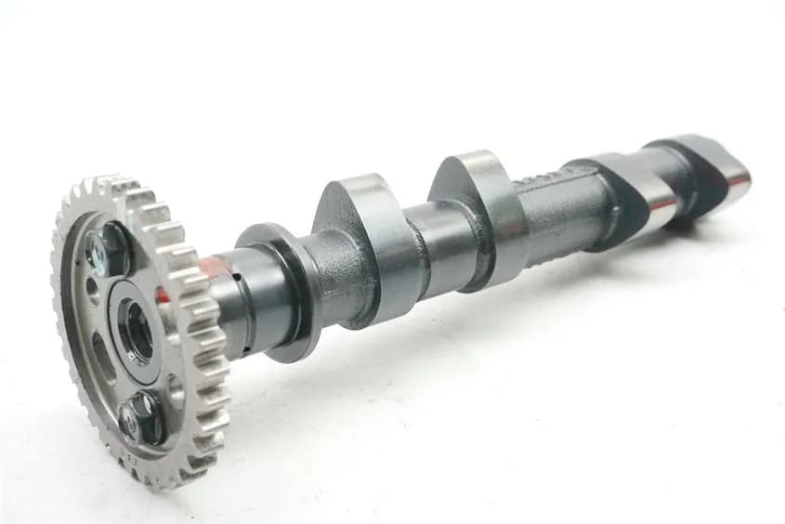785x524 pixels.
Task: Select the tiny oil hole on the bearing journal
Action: (237, 276)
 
